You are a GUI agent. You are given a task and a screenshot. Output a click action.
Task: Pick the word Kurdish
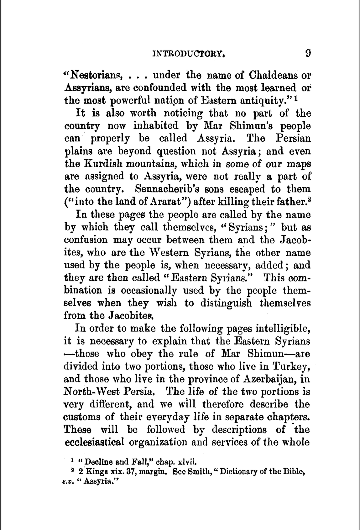tap(100, 164)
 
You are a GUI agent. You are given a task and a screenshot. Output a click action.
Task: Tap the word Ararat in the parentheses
tap(170, 202)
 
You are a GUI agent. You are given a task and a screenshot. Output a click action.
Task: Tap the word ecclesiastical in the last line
tap(95, 442)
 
